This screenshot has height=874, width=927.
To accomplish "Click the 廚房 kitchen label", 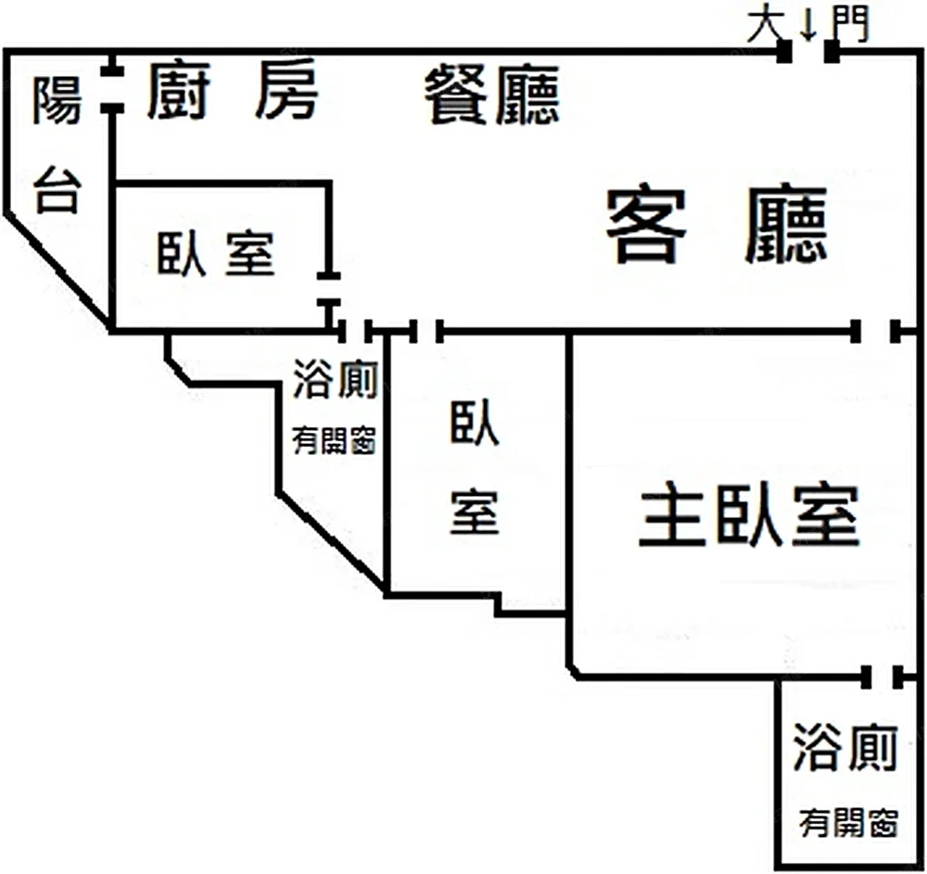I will click(x=233, y=92).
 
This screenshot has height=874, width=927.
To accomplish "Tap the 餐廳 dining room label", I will click(x=493, y=96).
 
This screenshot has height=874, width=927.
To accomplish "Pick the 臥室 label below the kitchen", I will click(x=216, y=252).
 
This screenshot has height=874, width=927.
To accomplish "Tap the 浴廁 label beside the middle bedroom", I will click(x=335, y=378).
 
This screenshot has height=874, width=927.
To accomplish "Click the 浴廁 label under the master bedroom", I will click(x=844, y=749).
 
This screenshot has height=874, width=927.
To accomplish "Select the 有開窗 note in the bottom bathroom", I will click(x=849, y=822).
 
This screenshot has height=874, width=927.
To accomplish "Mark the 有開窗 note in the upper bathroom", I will click(x=334, y=440).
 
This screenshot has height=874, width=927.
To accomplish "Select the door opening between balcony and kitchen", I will click(x=112, y=91).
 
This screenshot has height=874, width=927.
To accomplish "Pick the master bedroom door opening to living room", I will click(x=876, y=331).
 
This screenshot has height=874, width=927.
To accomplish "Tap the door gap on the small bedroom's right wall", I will click(x=329, y=289).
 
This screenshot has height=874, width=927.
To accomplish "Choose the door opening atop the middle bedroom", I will click(x=425, y=331).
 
